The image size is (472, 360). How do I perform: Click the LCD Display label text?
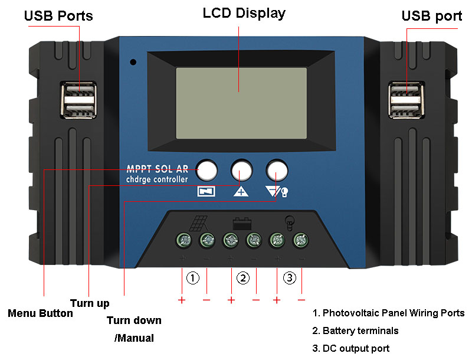(244, 13)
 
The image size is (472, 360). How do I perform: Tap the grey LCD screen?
(241, 103)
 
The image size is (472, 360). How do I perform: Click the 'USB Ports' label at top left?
(58, 16)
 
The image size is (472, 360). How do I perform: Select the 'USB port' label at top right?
(432, 16)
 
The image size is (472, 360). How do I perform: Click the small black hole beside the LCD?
(134, 61)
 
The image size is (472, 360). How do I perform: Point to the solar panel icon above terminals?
(198, 224)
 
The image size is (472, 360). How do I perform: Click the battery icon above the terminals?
(242, 224)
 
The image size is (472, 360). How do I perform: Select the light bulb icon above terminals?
(289, 222)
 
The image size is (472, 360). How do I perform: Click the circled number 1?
(194, 277)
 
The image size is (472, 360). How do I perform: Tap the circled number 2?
(242, 277)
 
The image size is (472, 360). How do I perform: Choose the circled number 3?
(289, 277)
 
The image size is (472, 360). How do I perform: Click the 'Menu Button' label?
(40, 313)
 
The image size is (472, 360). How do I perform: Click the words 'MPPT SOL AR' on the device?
(158, 168)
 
